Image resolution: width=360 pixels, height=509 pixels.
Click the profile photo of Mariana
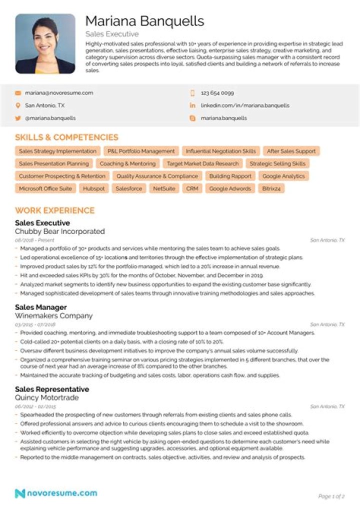[45, 43]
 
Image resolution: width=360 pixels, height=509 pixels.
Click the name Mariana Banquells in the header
[144, 21]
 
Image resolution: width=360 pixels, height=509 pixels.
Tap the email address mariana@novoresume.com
[59, 93]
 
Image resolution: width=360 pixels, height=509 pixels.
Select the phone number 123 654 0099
[217, 93]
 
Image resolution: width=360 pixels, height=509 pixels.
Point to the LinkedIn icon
[192, 105]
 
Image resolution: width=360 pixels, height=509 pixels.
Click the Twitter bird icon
[18, 118]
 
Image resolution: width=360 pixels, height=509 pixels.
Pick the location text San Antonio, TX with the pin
[44, 105]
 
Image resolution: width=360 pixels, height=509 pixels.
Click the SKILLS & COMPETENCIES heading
[66, 137]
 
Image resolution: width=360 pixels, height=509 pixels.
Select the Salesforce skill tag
[128, 189]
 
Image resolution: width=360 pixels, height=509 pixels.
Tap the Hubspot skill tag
[94, 189]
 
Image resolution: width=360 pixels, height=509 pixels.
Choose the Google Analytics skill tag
[283, 176]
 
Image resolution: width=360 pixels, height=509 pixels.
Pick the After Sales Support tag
[291, 151]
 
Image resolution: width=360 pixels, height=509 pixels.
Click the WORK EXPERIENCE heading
[54, 210]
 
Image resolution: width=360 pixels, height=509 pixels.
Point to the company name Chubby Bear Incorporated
[60, 231]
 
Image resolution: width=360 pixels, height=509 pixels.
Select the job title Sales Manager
[41, 307]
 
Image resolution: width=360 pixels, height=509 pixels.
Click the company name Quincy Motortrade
[47, 398]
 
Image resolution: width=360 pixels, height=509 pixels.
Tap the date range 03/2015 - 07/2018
[35, 324]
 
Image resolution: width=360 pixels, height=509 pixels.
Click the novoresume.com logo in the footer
[56, 493]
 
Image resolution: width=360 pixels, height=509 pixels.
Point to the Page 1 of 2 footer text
[331, 496]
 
